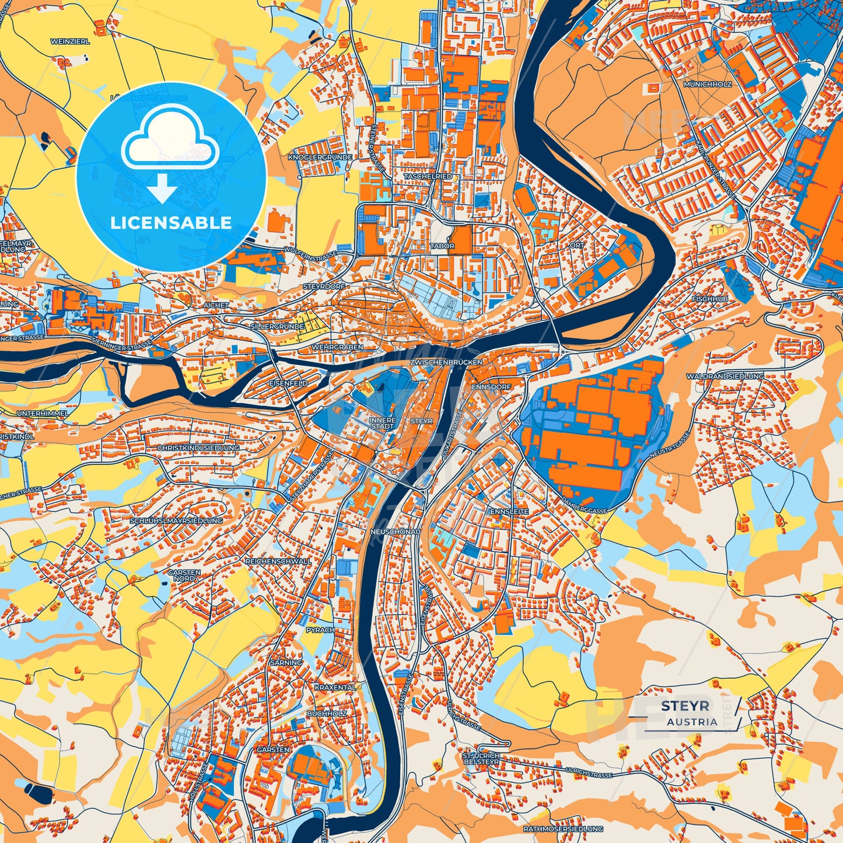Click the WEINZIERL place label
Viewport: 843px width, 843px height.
(x=70, y=42)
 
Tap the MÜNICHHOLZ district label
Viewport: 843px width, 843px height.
(x=708, y=85)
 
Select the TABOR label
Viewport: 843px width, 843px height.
(x=442, y=246)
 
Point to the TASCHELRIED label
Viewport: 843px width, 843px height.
(x=428, y=176)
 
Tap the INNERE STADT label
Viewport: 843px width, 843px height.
(x=382, y=423)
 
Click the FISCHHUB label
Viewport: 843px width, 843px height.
(x=709, y=299)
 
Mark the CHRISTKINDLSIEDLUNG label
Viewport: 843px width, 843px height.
(x=198, y=448)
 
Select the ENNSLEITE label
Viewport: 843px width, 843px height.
(x=509, y=512)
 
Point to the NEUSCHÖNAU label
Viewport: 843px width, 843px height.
(x=395, y=532)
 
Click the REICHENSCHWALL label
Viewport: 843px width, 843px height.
(x=278, y=561)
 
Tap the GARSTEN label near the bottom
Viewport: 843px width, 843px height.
(x=273, y=750)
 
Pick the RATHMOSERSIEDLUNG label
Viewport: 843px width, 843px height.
(x=563, y=829)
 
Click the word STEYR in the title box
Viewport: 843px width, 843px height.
(x=685, y=706)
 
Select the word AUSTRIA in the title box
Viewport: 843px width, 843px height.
(x=692, y=722)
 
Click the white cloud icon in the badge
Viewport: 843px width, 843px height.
(x=170, y=139)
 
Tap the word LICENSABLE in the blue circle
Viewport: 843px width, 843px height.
(x=171, y=223)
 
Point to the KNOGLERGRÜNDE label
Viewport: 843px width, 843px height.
(x=320, y=158)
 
